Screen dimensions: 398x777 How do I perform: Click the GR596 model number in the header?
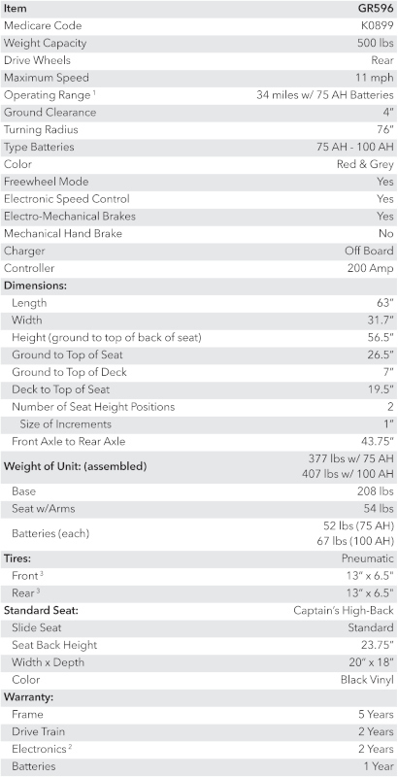(376, 8)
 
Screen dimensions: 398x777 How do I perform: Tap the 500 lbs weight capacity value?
(375, 43)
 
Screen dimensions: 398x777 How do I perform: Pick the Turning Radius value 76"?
(384, 130)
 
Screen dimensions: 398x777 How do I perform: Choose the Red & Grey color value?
(366, 165)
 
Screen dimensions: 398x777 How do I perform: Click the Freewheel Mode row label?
(47, 183)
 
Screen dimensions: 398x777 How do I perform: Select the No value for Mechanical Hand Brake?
(385, 234)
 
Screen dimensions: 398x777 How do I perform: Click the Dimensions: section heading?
(36, 287)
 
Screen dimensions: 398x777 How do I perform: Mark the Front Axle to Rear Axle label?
(69, 442)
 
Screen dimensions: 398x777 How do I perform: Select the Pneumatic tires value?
(368, 558)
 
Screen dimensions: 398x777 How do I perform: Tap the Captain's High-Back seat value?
(344, 611)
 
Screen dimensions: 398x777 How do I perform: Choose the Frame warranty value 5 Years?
(374, 714)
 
